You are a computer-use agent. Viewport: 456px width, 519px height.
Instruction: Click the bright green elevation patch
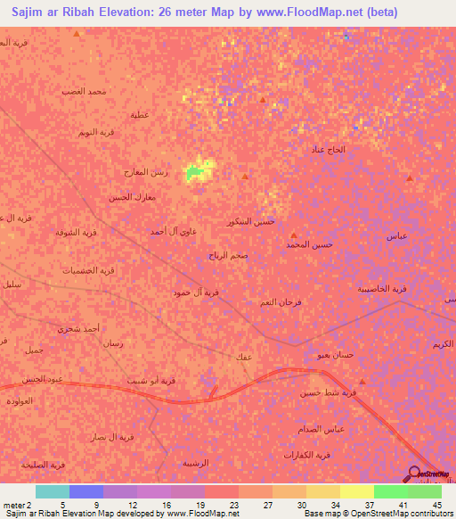click(x=198, y=171)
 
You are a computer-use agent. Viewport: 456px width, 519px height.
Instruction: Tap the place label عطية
click(x=140, y=115)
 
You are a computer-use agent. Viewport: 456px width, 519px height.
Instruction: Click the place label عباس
click(x=396, y=236)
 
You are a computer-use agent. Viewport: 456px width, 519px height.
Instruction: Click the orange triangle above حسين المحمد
click(x=292, y=234)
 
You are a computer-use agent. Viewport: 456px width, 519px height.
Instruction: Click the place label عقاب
click(x=242, y=358)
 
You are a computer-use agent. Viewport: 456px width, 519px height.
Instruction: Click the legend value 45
click(x=436, y=504)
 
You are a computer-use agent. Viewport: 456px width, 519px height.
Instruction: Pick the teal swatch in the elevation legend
click(x=52, y=491)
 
